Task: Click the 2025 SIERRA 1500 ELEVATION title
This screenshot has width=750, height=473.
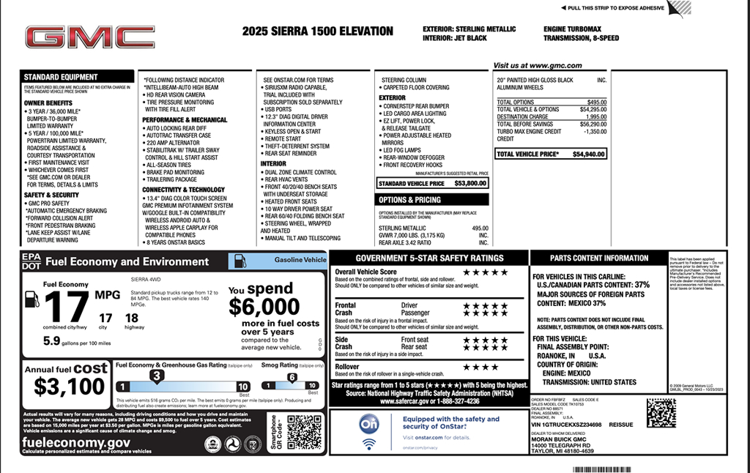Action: [x=317, y=31]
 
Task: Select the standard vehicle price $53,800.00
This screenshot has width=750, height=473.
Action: [x=469, y=183]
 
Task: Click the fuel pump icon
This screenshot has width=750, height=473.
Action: [x=31, y=299]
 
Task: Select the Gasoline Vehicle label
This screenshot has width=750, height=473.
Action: [x=300, y=260]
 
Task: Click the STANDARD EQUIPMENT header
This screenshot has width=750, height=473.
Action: [x=61, y=77]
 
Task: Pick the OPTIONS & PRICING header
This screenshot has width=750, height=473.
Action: [x=409, y=199]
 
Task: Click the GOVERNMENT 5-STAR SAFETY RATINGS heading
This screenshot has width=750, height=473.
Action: [x=429, y=258]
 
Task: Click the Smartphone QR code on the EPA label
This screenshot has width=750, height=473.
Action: [x=304, y=432]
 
